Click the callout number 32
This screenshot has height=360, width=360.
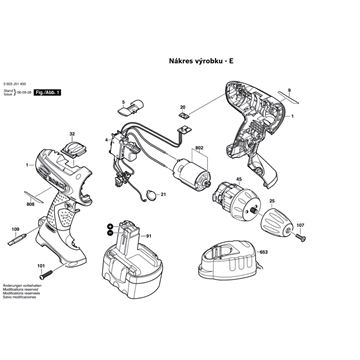pyautogui.click(x=73, y=134)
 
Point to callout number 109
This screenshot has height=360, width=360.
pyautogui.click(x=15, y=231)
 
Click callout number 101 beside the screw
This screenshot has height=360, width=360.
pyautogui.click(x=44, y=265)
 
